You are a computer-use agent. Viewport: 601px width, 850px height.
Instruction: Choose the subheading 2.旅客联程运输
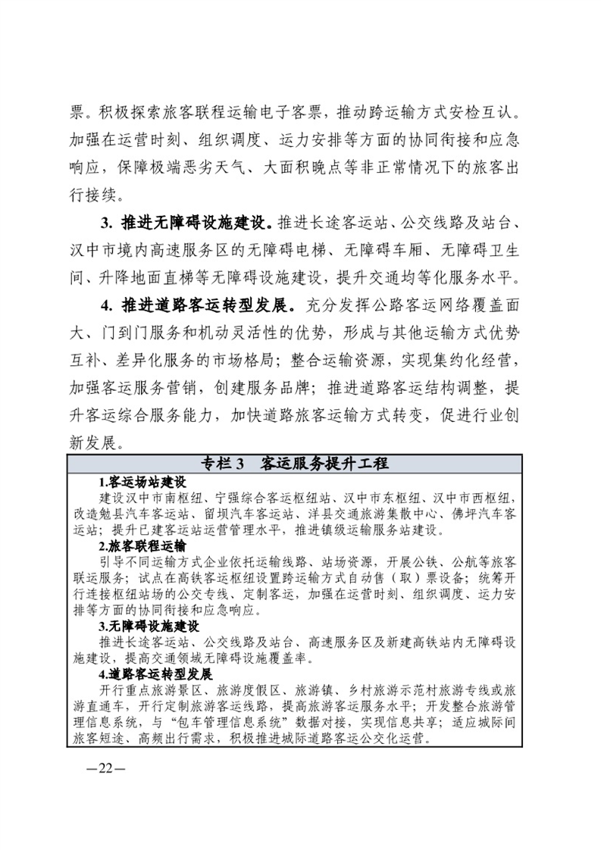point(142,545)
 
